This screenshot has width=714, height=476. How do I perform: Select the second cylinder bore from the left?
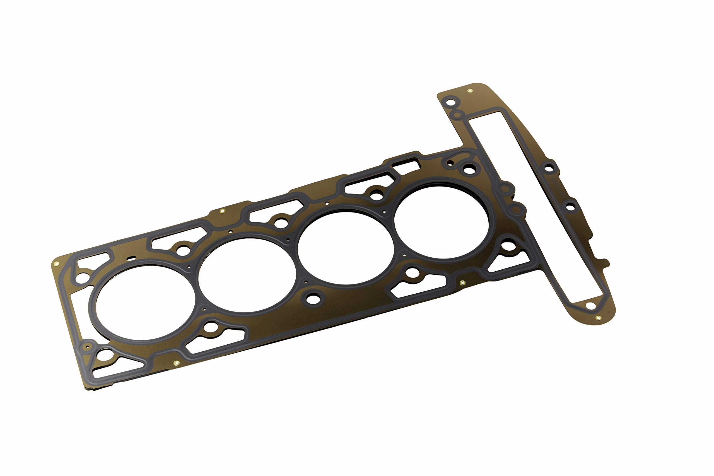[247, 275]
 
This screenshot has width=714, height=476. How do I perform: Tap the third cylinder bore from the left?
[346, 248]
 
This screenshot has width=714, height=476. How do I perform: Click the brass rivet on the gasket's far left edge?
[56, 264]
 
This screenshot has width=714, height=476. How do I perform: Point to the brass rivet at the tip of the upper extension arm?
[470, 90]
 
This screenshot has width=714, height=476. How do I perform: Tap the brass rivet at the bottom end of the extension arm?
[598, 318]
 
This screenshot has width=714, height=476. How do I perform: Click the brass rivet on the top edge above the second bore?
[222, 211]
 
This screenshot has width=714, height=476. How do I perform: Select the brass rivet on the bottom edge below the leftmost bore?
[176, 363]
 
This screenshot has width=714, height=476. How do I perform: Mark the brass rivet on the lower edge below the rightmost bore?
[462, 283]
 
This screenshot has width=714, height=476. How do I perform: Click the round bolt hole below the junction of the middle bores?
[313, 298]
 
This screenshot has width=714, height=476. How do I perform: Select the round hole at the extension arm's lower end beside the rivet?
[590, 306]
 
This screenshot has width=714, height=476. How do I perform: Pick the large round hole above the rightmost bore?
[469, 169]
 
